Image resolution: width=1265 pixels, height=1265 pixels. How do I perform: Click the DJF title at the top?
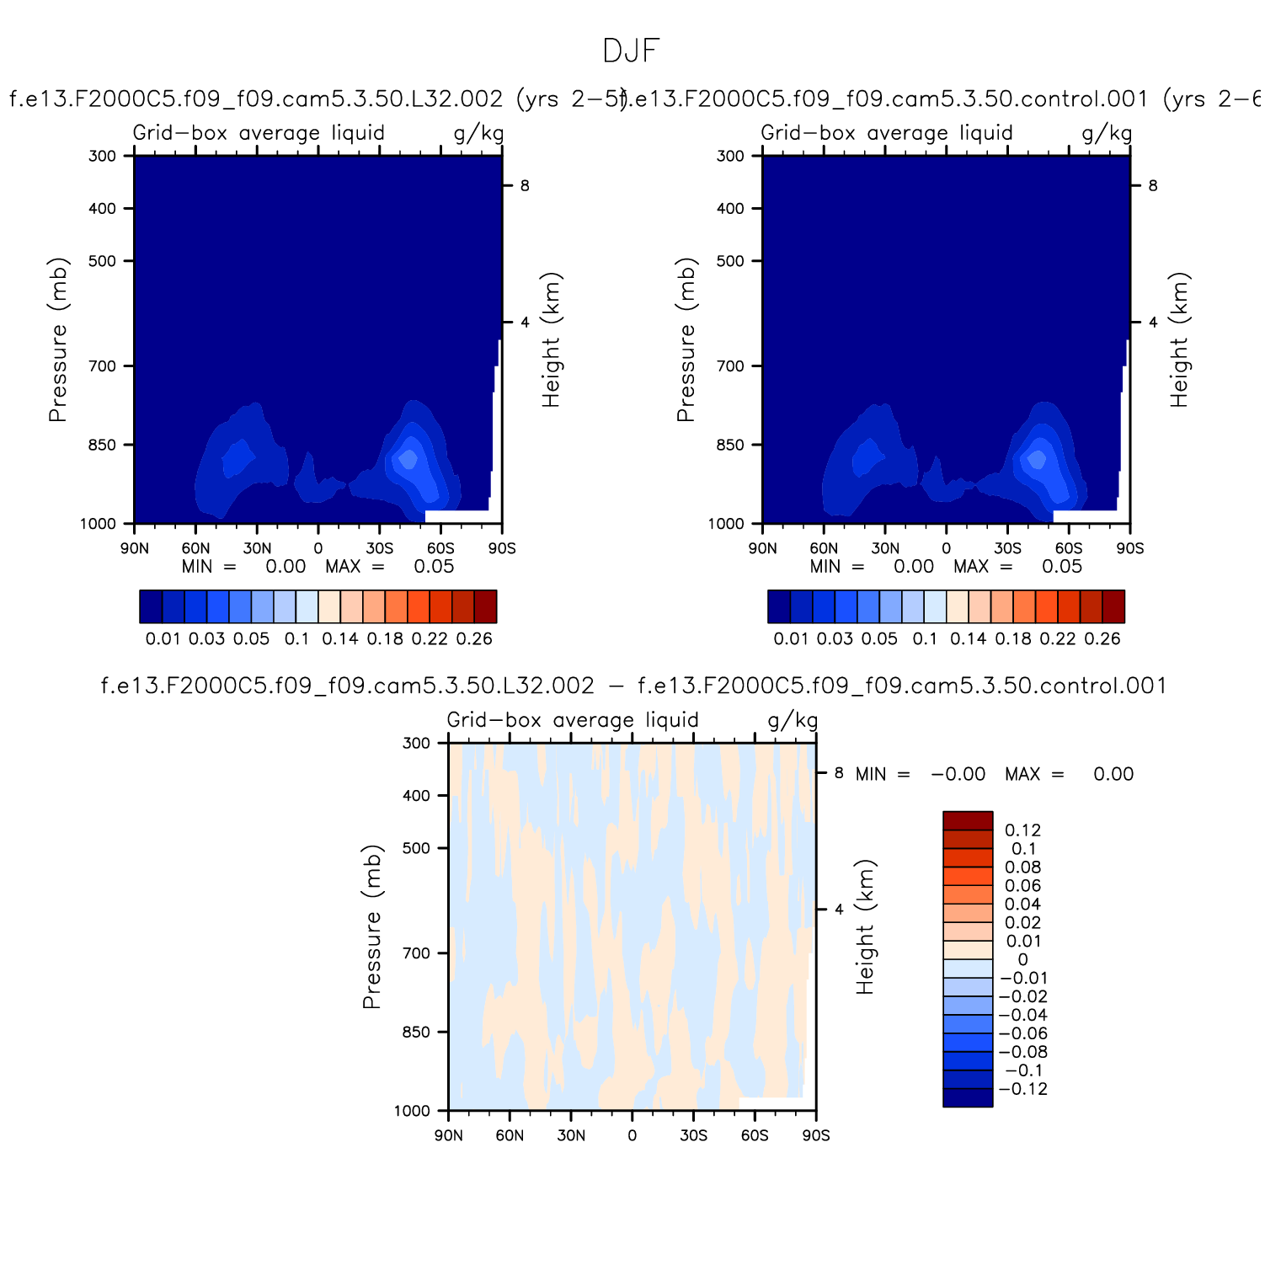click(x=631, y=51)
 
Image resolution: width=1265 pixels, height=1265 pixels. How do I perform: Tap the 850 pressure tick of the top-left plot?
click(x=102, y=445)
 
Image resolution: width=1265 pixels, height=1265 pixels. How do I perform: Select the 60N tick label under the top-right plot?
click(x=824, y=548)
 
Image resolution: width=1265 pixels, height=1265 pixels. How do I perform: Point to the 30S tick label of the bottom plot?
click(x=693, y=1135)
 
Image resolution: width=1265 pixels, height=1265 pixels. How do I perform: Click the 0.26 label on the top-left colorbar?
click(x=474, y=638)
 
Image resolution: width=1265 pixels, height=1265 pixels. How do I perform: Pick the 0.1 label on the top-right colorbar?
click(x=925, y=638)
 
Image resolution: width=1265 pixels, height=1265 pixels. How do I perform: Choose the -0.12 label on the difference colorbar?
click(x=1022, y=1089)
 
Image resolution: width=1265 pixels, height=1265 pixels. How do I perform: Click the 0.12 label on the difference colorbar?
click(x=1022, y=830)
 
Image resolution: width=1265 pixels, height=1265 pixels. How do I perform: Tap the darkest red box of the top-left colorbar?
click(x=485, y=606)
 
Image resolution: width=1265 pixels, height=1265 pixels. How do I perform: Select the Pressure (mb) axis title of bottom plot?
click(x=371, y=926)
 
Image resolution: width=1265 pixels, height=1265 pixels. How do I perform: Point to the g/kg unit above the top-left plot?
click(x=478, y=133)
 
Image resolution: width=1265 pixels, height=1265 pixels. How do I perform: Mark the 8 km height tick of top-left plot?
click(x=525, y=185)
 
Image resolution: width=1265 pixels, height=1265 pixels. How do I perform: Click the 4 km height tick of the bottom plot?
click(x=839, y=910)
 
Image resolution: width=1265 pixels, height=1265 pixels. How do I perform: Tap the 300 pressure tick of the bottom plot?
click(x=416, y=743)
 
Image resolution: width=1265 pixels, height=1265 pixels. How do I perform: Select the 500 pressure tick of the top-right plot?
click(x=730, y=261)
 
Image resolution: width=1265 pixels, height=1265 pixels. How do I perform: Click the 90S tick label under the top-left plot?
click(x=502, y=548)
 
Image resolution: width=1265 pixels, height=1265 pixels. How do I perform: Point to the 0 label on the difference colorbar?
click(x=1022, y=960)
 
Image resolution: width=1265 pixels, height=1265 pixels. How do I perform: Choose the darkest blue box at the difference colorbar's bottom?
click(x=968, y=1097)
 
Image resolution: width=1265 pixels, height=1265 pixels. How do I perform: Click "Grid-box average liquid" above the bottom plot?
click(x=573, y=720)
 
